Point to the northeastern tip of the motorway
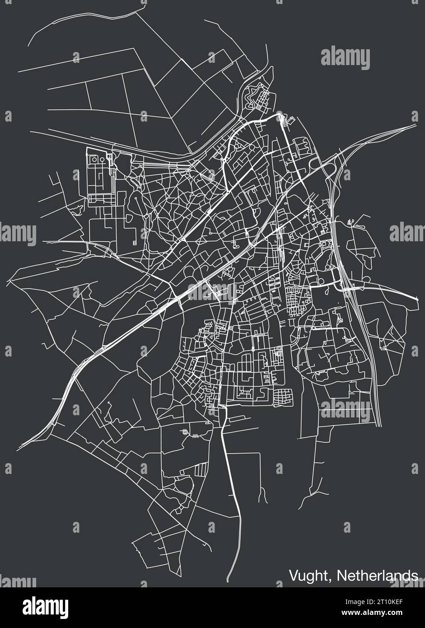(415, 125)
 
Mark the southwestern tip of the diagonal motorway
(20, 447)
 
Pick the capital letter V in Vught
(293, 576)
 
